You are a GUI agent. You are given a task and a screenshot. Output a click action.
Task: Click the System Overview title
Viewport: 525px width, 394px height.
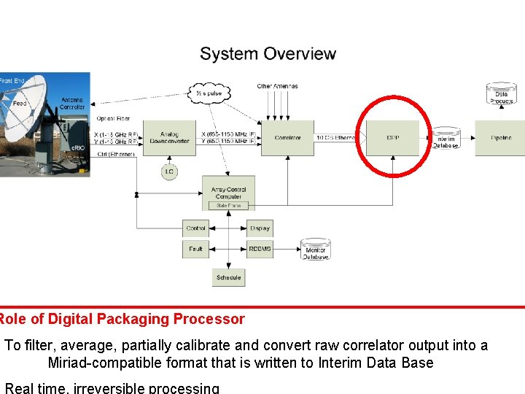pos(268,54)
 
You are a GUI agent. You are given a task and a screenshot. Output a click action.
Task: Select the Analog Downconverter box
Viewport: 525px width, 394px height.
pos(168,138)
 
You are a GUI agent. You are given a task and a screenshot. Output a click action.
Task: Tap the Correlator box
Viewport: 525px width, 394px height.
pos(288,138)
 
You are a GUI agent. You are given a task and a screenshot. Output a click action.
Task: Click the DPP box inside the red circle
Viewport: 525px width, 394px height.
pos(393,138)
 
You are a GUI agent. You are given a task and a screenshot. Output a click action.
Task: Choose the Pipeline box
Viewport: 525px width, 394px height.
pos(500,138)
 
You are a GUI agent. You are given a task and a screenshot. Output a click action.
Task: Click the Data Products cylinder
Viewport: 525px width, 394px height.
pos(501,94)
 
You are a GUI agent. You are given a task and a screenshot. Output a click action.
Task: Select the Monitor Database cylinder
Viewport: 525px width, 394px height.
pos(316,249)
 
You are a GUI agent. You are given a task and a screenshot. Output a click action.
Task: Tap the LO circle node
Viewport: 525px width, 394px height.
pos(169,171)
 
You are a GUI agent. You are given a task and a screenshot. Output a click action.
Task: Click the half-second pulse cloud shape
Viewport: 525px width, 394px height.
pos(209,93)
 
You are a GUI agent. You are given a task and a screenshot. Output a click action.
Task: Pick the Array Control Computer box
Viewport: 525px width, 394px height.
pos(228,193)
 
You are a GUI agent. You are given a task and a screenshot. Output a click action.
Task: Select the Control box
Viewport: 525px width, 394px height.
pos(195,228)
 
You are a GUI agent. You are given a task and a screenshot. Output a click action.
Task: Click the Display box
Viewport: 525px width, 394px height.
pos(260,228)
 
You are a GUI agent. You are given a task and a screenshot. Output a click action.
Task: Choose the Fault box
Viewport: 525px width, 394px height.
pos(195,249)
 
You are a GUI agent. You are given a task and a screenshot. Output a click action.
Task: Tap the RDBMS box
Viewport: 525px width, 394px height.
pos(260,249)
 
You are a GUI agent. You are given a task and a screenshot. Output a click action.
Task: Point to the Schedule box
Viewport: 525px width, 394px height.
pos(228,277)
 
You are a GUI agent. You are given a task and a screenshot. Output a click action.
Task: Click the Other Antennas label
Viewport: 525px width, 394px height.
pos(277,86)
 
